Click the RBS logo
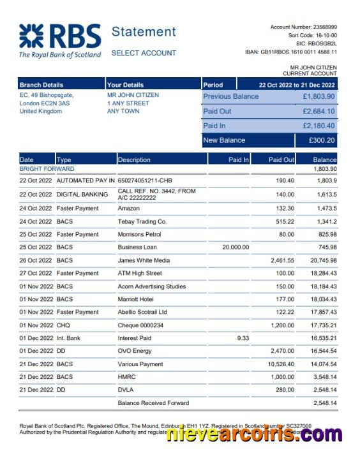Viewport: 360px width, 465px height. tap(59, 41)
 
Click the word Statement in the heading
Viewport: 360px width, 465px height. tap(144, 32)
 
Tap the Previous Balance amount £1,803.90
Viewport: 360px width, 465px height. tap(319, 97)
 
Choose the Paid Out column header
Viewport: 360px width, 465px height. tap(281, 159)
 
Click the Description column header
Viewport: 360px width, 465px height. tap(134, 159)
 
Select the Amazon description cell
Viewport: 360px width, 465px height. tap(129, 209)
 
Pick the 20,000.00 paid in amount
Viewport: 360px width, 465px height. tap(236, 247)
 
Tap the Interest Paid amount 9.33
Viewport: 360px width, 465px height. tap(243, 338)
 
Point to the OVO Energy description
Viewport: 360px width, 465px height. tap(135, 351)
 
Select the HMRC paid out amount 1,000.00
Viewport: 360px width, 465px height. tap(280, 377)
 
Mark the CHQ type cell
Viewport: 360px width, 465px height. tap(64, 325)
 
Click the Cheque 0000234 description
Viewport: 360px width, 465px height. tap(142, 325)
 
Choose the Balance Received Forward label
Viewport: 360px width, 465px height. tap(153, 403)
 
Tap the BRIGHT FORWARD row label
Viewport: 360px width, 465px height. tap(47, 169)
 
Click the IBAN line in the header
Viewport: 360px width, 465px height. tap(290, 52)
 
